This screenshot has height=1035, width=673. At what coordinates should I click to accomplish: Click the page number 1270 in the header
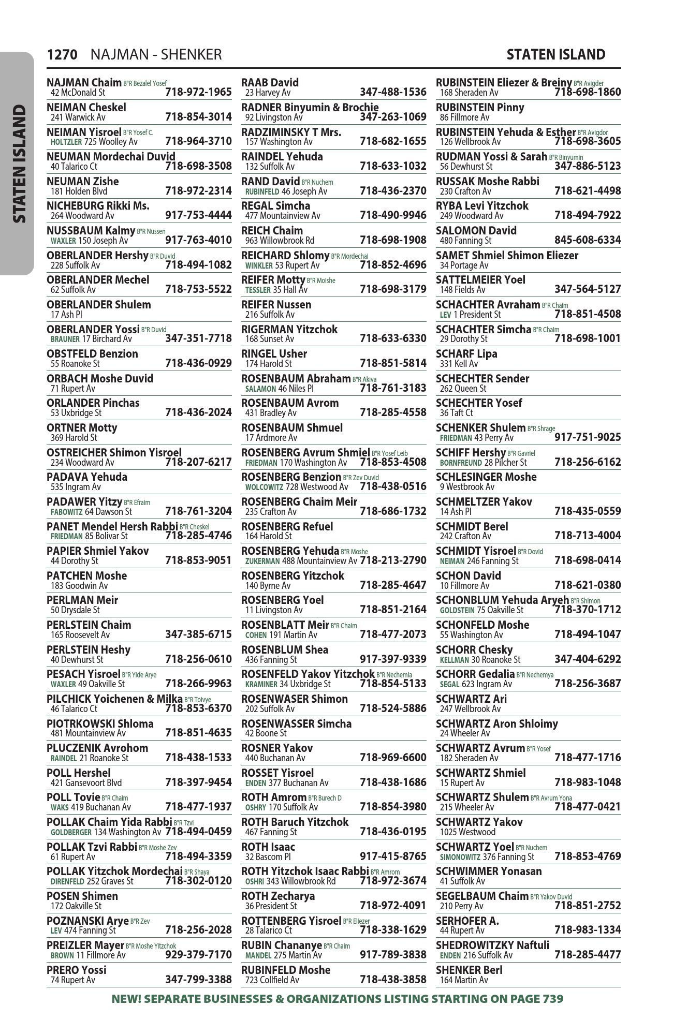click(x=62, y=55)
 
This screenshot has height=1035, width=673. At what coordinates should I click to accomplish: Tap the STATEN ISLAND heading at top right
click(x=555, y=55)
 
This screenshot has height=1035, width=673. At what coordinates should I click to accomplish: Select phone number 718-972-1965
click(x=198, y=93)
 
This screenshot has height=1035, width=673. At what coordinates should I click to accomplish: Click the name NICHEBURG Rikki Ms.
click(x=98, y=206)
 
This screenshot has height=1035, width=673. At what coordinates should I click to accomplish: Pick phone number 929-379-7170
click(x=198, y=955)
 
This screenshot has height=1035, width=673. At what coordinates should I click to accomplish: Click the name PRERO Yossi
click(x=76, y=970)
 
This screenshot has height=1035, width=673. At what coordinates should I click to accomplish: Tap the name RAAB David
click(x=270, y=83)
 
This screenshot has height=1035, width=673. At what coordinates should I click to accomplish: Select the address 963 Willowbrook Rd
click(x=280, y=241)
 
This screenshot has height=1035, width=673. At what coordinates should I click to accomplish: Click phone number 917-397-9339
click(x=393, y=659)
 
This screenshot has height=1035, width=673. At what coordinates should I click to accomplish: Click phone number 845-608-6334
click(x=588, y=240)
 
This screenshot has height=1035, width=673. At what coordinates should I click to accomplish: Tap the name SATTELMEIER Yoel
click(x=480, y=280)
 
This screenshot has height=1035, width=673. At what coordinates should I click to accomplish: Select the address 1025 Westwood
click(x=467, y=832)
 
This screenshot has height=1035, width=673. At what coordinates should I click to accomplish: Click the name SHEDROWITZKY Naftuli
click(x=492, y=945)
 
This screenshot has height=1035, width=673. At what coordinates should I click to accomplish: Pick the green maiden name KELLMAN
click(x=454, y=660)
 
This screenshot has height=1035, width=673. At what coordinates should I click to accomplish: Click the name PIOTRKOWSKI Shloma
click(x=100, y=723)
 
